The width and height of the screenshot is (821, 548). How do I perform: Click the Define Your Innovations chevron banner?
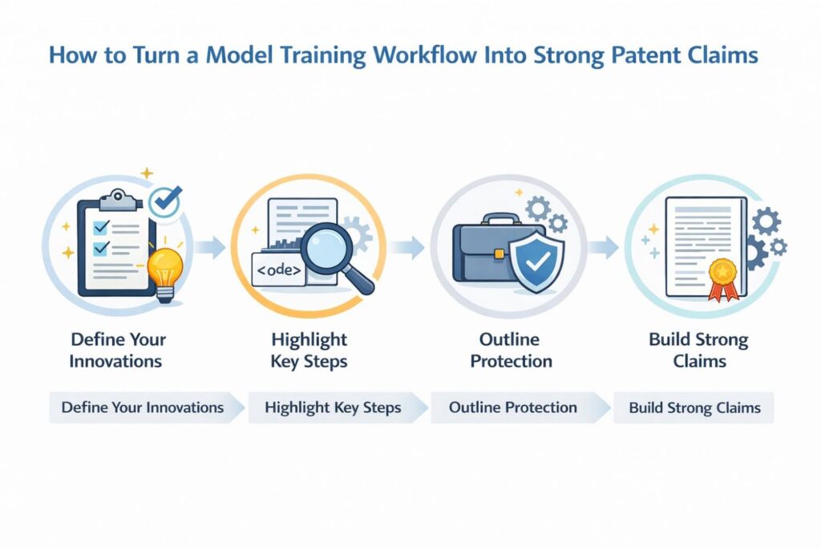[145, 408]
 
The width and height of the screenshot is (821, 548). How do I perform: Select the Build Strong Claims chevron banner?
[694, 408]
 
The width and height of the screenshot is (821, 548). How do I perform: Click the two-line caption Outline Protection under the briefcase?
[511, 351]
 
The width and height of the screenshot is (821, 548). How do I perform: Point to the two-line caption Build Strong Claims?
[698, 351]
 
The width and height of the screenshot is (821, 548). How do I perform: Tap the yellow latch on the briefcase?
[499, 254]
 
